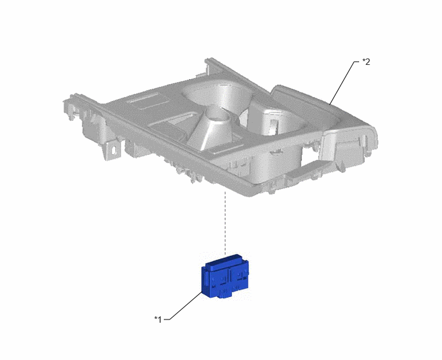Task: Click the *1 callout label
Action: (x=158, y=319)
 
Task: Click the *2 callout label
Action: (x=366, y=62)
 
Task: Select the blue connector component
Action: (x=225, y=276)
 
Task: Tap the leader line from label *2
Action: (x=342, y=82)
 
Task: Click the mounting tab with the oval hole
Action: (x=113, y=150)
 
